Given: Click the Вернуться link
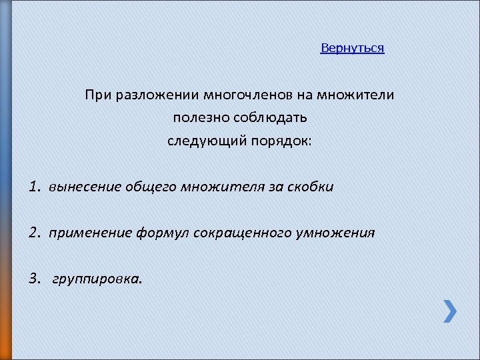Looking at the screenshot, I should [352, 49].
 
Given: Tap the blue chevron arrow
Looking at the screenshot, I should [451, 311].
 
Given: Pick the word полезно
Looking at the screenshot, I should [198, 118].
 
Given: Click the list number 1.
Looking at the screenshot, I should [35, 187].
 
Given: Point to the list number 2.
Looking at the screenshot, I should [35, 233].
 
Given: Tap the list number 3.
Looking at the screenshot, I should [35, 279].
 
